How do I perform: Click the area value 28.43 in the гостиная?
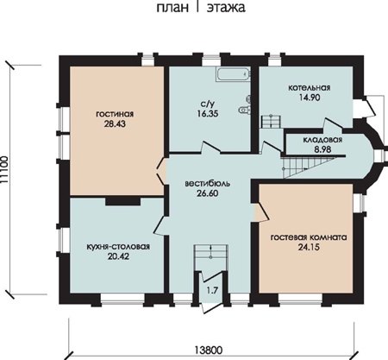pyautogui.click(x=115, y=123)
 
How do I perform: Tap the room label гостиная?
pyautogui.click(x=115, y=114)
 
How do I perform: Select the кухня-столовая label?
pyautogui.click(x=118, y=247)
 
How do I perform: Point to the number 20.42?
pyautogui.click(x=118, y=256)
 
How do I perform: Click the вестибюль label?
pyautogui.click(x=207, y=184)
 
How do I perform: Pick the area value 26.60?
pyautogui.click(x=208, y=193)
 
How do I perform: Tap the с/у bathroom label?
pyautogui.click(x=208, y=104)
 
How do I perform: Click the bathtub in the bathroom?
pyautogui.click(x=233, y=74)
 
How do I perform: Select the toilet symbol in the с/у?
pyautogui.click(x=245, y=110)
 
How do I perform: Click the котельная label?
pyautogui.click(x=310, y=87)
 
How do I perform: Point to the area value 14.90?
pyautogui.click(x=310, y=98)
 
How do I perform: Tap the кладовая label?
pyautogui.click(x=322, y=140)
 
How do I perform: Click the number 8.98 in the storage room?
pyautogui.click(x=322, y=149)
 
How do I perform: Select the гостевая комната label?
pyautogui.click(x=309, y=237)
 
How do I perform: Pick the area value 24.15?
pyautogui.click(x=309, y=247)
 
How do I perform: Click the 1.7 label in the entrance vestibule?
pyautogui.click(x=212, y=290)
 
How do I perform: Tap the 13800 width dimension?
pyautogui.click(x=209, y=351)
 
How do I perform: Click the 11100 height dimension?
pyautogui.click(x=4, y=169)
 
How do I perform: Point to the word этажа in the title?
pyautogui.click(x=226, y=8)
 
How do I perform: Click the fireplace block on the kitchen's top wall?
pyautogui.click(x=122, y=201)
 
